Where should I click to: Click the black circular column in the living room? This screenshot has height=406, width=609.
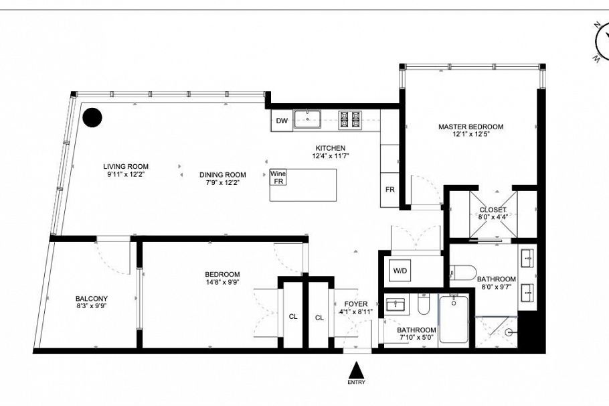click(x=92, y=118)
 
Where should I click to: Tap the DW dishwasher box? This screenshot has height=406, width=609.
click(x=282, y=121)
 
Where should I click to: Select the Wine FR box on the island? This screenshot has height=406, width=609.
click(x=278, y=178)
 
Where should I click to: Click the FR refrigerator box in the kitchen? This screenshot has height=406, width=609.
click(x=389, y=190)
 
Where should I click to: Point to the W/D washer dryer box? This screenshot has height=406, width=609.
click(x=400, y=271)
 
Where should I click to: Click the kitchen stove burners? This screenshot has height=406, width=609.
click(x=349, y=119)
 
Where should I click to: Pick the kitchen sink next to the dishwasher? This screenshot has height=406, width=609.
click(x=308, y=120)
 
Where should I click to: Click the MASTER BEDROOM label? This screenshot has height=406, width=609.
click(x=470, y=127)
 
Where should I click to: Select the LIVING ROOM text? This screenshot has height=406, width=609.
click(x=126, y=167)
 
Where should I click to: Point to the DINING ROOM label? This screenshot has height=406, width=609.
click(x=223, y=175)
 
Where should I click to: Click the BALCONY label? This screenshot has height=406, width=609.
click(x=92, y=299)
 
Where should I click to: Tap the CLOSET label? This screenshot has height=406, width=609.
click(x=493, y=210)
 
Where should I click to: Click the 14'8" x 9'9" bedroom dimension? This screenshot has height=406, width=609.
click(x=222, y=282)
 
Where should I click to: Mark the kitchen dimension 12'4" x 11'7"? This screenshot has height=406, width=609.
click(x=331, y=156)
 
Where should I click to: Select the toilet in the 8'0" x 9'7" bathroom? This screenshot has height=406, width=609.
click(x=462, y=273)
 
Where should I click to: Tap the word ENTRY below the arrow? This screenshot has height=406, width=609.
click(x=357, y=383)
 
